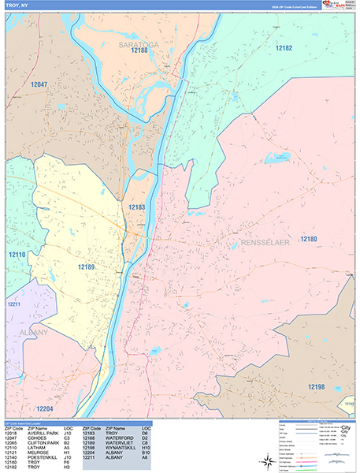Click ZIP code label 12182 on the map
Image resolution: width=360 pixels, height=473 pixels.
(x=284, y=49)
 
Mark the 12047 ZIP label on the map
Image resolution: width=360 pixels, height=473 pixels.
(x=39, y=84)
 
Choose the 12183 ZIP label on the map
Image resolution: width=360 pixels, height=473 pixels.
(x=137, y=207)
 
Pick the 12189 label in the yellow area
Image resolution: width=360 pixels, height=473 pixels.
(x=86, y=267)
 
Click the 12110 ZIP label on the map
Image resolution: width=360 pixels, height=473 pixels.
(x=17, y=255)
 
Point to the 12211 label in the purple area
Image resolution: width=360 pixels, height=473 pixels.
(x=13, y=304)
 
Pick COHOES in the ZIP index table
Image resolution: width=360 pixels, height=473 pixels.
(x=35, y=438)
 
